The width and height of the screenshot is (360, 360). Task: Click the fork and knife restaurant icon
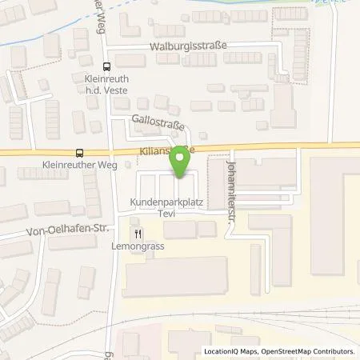tap(138, 234)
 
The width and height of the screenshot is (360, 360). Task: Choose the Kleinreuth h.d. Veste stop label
tap(107, 84)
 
